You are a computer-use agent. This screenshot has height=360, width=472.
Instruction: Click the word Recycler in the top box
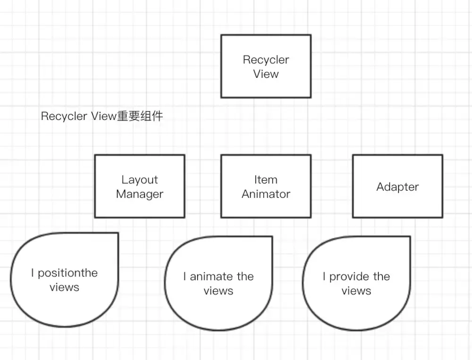[x=266, y=60]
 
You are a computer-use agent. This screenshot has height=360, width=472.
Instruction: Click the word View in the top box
[x=266, y=74]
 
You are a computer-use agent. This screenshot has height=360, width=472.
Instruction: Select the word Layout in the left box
[x=140, y=180]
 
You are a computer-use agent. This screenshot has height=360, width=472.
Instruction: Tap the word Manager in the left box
[x=140, y=194]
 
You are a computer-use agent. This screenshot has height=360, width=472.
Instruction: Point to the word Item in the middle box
[x=266, y=180]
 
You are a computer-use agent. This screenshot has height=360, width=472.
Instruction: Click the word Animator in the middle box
[x=266, y=194]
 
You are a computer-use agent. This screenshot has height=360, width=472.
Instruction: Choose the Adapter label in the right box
[x=397, y=187]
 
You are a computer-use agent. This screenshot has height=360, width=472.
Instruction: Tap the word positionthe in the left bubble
[x=67, y=273]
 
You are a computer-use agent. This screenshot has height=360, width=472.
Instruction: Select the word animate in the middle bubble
[x=211, y=276]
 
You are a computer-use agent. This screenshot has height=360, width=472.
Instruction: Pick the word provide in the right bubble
[x=349, y=276]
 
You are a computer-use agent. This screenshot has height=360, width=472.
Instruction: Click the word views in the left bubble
[x=64, y=287]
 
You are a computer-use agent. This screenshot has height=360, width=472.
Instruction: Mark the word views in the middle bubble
[x=218, y=291]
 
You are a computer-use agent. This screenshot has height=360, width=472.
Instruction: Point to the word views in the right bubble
[x=356, y=291]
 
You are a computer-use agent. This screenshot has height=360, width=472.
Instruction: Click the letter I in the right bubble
[x=324, y=276]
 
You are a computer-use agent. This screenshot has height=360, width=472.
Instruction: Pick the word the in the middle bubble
[x=245, y=276]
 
